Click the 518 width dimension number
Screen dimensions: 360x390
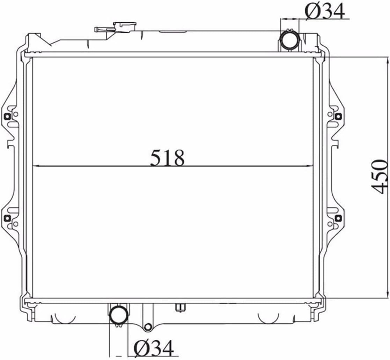coord(167,158)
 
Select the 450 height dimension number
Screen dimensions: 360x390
coord(379,176)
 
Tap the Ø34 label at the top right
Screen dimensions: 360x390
coord(325,11)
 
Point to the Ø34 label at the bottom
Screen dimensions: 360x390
coord(154,348)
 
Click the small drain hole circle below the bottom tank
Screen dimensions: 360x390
coord(148,327)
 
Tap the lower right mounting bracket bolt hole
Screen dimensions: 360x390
coord(338,218)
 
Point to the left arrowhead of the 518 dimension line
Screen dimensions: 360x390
coord(35,166)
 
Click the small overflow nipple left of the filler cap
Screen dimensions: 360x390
coord(98,29)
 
